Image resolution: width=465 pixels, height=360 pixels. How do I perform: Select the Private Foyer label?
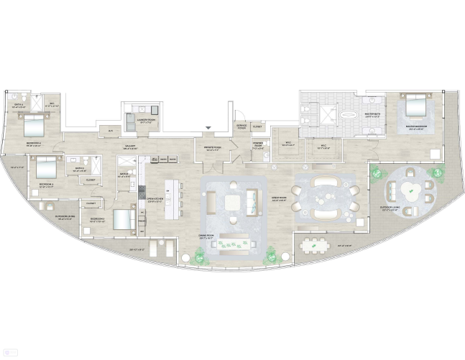click(213, 149)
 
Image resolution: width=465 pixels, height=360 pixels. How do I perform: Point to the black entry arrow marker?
click(208, 128)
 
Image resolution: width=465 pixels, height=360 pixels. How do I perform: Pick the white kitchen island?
click(172, 199)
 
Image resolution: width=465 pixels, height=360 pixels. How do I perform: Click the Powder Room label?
click(257, 143)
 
